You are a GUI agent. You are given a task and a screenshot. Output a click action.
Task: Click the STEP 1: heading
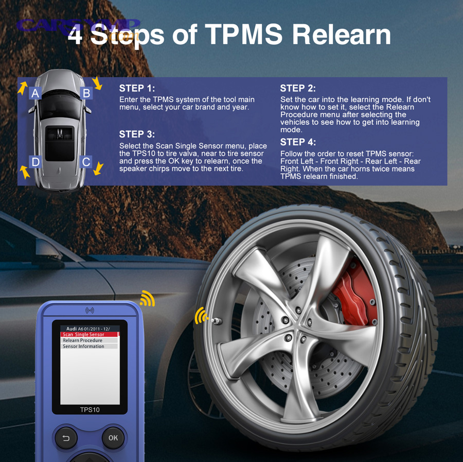137,88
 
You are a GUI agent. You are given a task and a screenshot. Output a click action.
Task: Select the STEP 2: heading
298,88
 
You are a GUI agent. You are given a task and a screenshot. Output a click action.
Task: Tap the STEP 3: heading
137,134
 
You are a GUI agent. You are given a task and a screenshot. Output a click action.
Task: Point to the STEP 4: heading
298,142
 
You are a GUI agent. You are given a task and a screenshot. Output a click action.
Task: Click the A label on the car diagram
35,93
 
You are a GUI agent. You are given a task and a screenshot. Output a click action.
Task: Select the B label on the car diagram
86,93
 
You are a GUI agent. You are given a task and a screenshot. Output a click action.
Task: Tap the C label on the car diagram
86,162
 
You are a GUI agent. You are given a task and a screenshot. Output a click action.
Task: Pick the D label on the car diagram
35,162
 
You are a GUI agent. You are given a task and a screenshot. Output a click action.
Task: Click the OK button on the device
113,438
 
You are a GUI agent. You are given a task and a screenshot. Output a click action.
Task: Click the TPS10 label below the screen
90,410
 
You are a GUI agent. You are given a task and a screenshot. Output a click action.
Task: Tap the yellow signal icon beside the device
148,299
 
